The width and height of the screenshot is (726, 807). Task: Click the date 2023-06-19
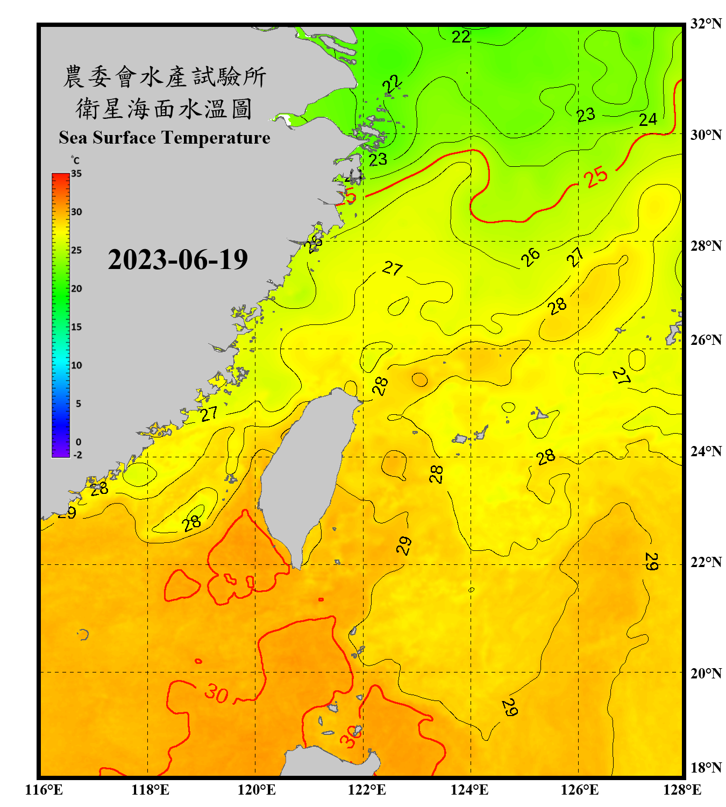click(x=177, y=260)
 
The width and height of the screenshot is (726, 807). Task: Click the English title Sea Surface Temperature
click(x=165, y=138)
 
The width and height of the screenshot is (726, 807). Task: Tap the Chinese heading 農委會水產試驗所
click(x=165, y=77)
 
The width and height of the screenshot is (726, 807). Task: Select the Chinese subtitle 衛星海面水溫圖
click(x=165, y=109)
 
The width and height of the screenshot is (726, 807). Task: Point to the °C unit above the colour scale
click(x=75, y=160)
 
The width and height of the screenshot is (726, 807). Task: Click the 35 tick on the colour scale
click(x=76, y=174)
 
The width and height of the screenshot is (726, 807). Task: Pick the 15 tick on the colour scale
click(x=76, y=327)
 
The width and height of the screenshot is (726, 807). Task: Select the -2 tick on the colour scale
click(x=77, y=455)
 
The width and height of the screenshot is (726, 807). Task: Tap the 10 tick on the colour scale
click(x=76, y=365)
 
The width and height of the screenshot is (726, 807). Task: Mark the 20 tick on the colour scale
click(x=76, y=289)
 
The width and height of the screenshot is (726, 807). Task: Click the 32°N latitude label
click(x=706, y=24)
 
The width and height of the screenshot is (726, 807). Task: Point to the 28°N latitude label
click(x=706, y=246)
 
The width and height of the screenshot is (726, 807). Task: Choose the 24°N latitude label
click(x=706, y=451)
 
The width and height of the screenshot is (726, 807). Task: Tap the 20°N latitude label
click(x=706, y=673)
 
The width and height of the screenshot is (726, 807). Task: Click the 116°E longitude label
click(x=44, y=790)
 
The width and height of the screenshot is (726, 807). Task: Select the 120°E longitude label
click(x=257, y=790)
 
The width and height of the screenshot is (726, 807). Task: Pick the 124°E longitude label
click(x=469, y=790)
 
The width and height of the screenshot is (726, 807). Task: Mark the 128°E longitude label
click(x=682, y=790)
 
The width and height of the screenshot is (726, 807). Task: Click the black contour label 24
click(x=648, y=119)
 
